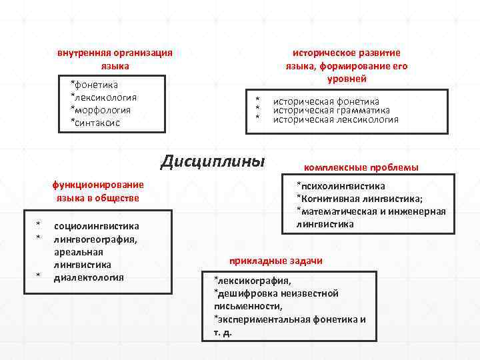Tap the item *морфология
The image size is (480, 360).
click(x=101, y=110)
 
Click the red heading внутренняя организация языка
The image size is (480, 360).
click(x=115, y=59)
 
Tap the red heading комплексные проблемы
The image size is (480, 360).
click(x=361, y=167)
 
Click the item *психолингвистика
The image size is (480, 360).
click(x=341, y=186)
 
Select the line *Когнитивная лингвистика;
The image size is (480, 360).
click(x=360, y=199)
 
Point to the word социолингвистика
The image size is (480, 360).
click(x=96, y=226)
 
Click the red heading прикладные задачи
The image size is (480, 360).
click(x=275, y=261)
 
